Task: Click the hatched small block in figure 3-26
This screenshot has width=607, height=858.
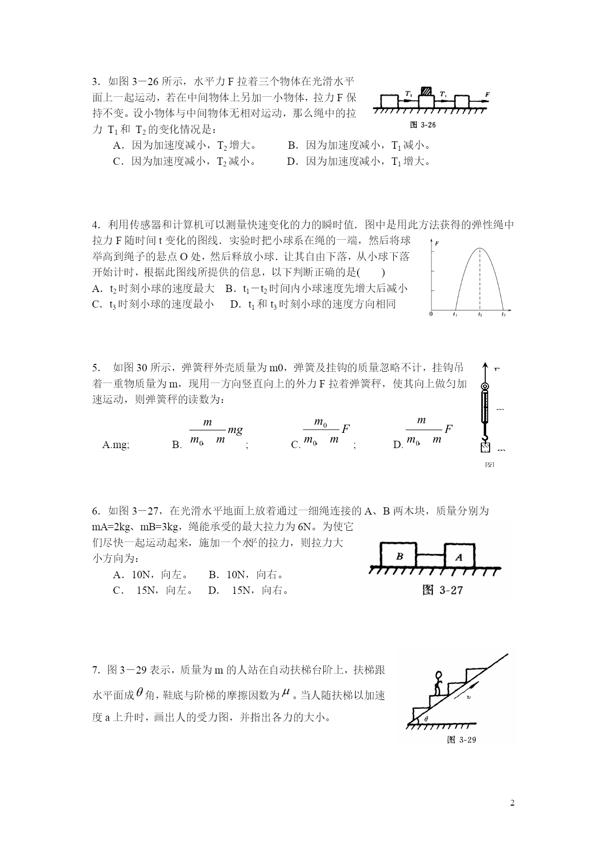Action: [427, 91]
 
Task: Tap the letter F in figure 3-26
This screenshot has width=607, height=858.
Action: [487, 94]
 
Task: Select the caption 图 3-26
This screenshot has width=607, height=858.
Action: [423, 125]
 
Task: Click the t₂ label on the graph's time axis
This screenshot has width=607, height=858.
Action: [480, 314]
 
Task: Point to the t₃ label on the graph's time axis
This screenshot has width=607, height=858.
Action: [503, 314]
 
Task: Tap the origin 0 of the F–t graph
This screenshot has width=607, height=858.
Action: [431, 314]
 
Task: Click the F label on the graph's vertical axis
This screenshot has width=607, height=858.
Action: [436, 243]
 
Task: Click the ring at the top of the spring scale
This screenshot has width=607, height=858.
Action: [485, 387]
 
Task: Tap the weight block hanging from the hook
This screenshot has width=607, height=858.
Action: [485, 448]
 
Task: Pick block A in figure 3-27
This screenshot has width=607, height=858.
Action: [459, 556]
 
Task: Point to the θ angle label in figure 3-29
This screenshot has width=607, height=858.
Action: [426, 719]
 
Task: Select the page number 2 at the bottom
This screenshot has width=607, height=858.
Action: [512, 803]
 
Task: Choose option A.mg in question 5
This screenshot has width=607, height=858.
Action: [116, 445]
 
